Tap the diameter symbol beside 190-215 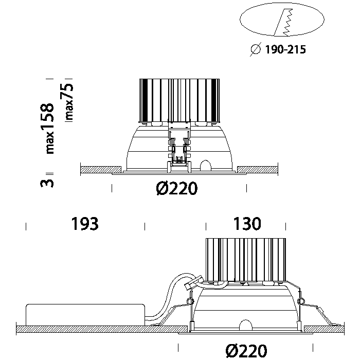255,50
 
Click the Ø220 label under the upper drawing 176,189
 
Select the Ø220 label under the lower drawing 246,351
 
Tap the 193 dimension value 85,224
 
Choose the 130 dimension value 247,224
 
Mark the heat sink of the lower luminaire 245,260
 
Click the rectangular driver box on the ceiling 84,314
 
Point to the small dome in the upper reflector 206,165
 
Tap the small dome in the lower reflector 245,326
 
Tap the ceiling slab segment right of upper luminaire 257,169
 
